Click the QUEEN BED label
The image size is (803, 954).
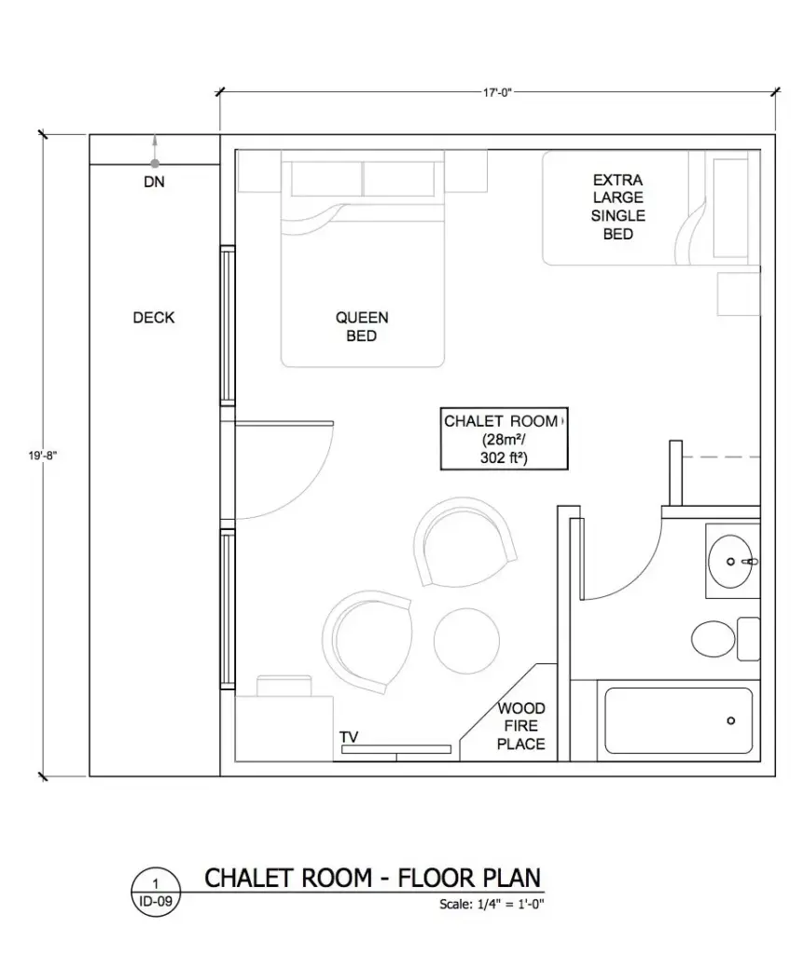point(362,327)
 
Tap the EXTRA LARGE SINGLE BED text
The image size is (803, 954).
point(617,207)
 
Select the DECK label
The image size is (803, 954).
point(154,318)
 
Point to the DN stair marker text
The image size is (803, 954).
point(154,183)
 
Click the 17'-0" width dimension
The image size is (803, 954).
point(498,92)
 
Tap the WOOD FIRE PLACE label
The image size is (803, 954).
point(520,727)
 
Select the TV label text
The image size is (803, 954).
point(349,738)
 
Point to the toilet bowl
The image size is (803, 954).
point(713,639)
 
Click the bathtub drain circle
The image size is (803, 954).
point(730,720)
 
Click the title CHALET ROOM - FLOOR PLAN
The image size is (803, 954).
point(371,878)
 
